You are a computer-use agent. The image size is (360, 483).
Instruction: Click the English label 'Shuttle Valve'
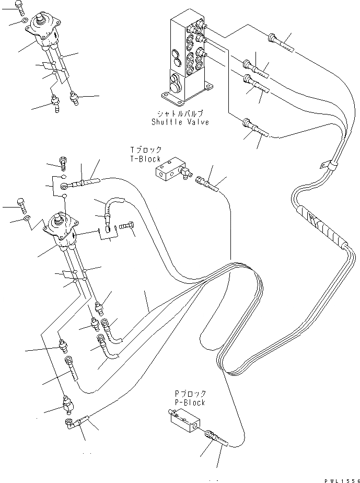pyautogui.click(x=180, y=122)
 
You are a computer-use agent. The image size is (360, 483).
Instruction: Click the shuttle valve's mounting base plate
pyautogui.click(x=186, y=96)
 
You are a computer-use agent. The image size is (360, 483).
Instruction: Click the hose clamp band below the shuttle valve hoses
pyautogui.click(x=328, y=166)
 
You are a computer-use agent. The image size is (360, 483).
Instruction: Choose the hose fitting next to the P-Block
pyautogui.click(x=214, y=436)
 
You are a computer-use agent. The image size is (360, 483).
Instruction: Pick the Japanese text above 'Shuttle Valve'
pyautogui.click(x=180, y=113)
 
